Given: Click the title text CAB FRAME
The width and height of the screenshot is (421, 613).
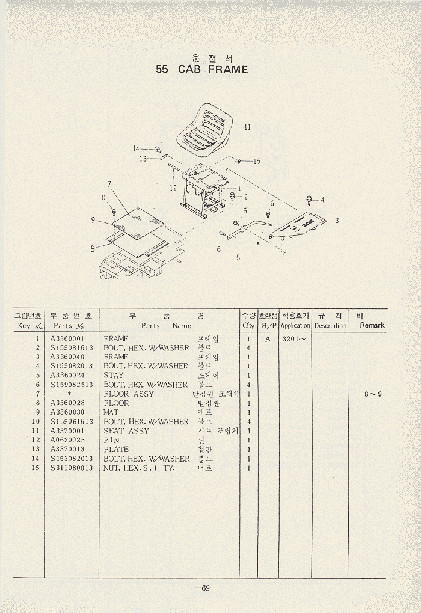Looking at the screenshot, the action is tap(213, 70).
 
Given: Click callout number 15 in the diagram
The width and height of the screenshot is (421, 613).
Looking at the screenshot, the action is tap(257, 161).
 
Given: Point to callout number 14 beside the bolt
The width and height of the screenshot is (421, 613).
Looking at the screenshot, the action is tap(136, 148).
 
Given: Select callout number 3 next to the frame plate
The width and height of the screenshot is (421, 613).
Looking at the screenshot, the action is tap(337, 221).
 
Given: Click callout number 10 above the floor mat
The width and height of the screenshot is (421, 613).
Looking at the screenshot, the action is tap(102, 198).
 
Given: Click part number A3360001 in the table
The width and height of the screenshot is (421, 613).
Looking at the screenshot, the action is tap(67, 338).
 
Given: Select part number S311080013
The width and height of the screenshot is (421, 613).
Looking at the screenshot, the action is tap(72, 468).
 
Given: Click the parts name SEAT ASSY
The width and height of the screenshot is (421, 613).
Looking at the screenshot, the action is tap(126, 431).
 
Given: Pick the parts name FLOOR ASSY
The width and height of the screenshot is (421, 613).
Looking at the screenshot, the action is tap(129, 394).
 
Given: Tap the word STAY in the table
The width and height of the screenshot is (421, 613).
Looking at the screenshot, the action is tap(114, 375).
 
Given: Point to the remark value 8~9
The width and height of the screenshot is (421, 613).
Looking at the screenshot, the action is tap(373, 394).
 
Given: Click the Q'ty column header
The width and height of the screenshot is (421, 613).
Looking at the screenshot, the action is tap(248, 325).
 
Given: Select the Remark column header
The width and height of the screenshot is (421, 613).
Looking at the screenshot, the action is tap(372, 325).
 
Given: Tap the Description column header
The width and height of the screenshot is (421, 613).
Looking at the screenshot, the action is tap(330, 325).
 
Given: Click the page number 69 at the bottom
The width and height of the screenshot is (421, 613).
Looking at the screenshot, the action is tap(206, 588).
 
